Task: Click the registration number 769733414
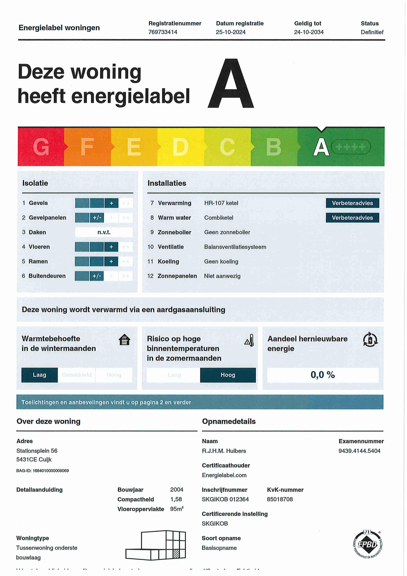[163, 32]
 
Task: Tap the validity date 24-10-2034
[309, 32]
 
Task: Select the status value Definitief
[372, 32]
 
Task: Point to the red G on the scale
[41, 147]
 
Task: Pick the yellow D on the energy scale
[180, 147]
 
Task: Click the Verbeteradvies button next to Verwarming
[352, 203]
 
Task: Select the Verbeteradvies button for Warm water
[352, 218]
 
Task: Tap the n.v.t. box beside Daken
[104, 232]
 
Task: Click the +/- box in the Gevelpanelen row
[97, 218]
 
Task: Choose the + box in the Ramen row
[111, 261]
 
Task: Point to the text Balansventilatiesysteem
[235, 247]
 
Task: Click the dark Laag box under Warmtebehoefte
[40, 375]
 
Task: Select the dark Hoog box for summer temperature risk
[228, 375]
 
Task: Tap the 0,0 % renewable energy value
[323, 375]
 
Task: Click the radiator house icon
[124, 340]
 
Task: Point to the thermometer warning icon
[249, 341]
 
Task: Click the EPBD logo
[367, 544]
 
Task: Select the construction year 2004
[177, 489]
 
